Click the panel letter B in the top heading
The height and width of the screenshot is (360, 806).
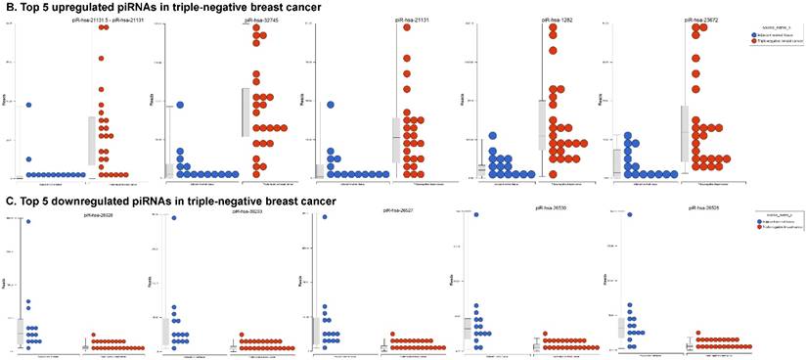tap(10, 7)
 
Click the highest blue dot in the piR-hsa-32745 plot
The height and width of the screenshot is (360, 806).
tap(181, 105)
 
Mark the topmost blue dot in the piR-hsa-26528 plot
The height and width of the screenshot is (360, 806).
tap(29, 222)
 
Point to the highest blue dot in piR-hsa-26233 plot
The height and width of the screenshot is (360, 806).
tap(174, 218)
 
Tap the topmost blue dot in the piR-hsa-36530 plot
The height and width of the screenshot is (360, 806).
tap(476, 215)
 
